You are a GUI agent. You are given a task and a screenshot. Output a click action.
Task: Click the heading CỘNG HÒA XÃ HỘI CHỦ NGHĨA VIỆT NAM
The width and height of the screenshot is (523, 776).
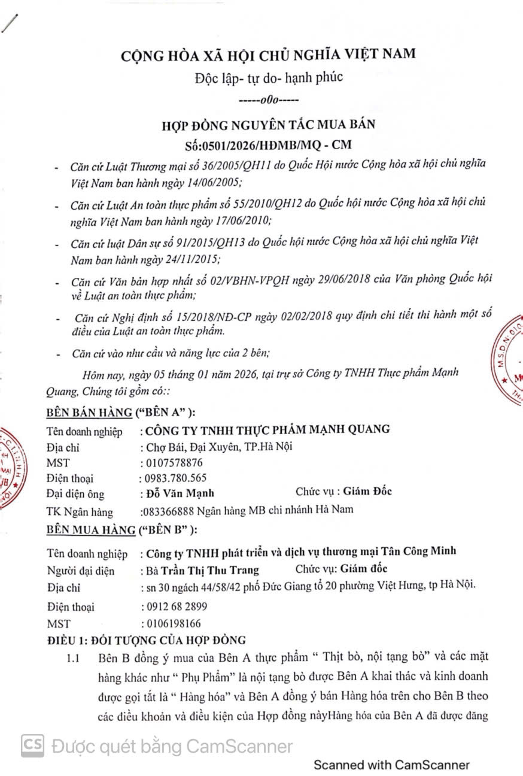[268, 54]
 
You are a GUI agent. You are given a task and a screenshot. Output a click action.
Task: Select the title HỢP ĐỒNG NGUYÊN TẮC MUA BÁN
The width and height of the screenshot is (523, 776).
[268, 125]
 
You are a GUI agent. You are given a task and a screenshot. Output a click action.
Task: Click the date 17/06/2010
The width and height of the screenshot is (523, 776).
[244, 220]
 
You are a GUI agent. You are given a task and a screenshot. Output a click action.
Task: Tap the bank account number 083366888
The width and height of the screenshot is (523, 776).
[165, 510]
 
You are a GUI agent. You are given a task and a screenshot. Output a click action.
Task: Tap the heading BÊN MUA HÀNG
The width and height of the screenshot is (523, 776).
[84, 529]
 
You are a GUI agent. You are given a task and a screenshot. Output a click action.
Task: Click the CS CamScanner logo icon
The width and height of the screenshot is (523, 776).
[34, 746]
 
